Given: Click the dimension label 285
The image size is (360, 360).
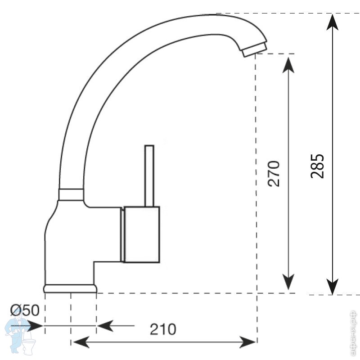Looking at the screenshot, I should pos(317,166).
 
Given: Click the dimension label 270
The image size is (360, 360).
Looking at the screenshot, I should pos(274,173).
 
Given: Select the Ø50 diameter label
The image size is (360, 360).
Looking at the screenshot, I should pos(25,310).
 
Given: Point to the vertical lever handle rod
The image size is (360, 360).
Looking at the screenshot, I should pos(149,175).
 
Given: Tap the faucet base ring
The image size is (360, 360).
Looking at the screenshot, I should pos(71,288).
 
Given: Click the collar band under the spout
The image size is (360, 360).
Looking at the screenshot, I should pos(71,194).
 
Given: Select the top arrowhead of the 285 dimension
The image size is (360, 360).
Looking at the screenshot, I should pos(332,21).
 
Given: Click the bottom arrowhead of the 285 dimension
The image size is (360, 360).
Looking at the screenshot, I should pos(332,286).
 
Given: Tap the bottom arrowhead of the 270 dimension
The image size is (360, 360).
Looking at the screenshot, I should pos(288,283).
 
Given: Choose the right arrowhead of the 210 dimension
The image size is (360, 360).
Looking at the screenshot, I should pos(249,342).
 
